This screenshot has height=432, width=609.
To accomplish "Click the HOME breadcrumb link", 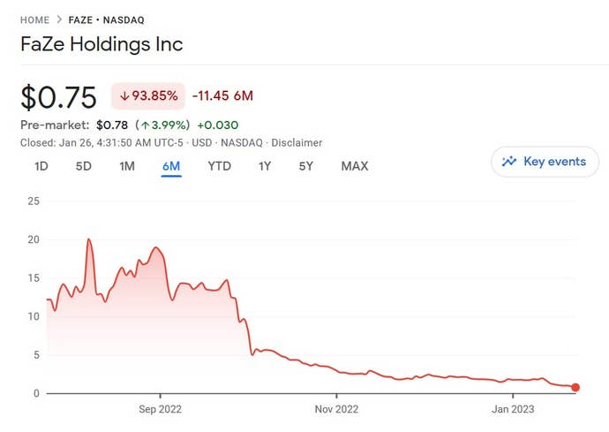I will pos(34,19).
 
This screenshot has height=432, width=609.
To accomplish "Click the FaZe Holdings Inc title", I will pos(101,43).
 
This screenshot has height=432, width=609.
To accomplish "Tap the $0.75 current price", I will pos(57,96).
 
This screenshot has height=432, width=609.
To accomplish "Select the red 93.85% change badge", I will pos(147,95).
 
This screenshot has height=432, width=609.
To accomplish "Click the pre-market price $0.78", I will pos(113,125).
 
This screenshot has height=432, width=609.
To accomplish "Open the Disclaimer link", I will pos(297,142).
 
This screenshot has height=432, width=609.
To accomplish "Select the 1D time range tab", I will pos(41,166).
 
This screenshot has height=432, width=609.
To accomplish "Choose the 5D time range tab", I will pos(83,166).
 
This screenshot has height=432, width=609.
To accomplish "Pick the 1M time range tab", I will pos(126,166).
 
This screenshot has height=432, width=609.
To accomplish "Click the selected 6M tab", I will pos(170,166).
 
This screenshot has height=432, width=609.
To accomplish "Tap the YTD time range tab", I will pos(219,166).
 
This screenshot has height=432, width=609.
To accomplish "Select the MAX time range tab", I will pos(354,166).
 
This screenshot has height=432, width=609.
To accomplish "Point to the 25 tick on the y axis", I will pos(34,201).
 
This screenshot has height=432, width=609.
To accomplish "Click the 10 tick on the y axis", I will pos(34,316).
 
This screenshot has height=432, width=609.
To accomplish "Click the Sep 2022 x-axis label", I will pos(161,409).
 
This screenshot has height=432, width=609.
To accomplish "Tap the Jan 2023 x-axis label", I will pos(513,409).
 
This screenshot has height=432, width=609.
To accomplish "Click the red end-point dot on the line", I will pos(575,387).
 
